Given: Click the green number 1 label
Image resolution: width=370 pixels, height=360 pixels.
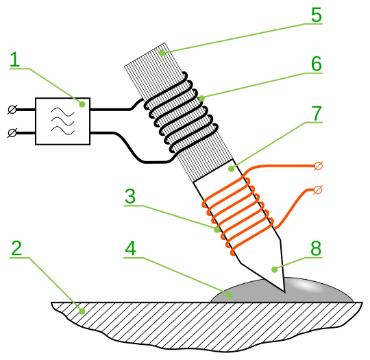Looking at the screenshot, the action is tap(14, 60).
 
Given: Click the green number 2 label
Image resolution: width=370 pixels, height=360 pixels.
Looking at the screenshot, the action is tap(16, 248).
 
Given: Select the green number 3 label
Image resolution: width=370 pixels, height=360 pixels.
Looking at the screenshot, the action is tap(130, 196).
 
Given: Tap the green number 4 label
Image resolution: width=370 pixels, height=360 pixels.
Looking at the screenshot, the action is tap(130, 248).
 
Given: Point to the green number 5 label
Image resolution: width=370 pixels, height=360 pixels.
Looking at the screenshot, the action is tap(317, 14).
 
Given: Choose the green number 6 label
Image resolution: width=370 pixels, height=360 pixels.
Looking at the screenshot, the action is tap(317, 64).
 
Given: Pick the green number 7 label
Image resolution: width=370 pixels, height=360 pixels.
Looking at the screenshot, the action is tap(317, 113).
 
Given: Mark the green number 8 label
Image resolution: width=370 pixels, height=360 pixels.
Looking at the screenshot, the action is tap(316, 248).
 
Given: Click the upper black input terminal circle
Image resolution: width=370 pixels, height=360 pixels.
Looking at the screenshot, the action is tap(12, 110).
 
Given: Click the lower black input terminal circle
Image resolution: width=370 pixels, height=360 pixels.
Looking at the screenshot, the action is tap(12, 133).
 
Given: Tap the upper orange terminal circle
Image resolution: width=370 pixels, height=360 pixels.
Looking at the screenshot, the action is tap(319, 166).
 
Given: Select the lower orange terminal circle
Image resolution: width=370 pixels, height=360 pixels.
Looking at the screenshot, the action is tap(319, 190).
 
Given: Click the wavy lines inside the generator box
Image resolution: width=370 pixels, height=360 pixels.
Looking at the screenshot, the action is tap(63, 121).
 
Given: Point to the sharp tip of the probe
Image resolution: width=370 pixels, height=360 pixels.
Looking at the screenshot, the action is tap(285, 292).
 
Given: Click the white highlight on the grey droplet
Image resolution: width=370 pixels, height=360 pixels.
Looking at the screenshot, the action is tap(308, 286).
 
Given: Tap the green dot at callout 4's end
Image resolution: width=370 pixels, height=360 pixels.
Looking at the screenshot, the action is tap(230, 295).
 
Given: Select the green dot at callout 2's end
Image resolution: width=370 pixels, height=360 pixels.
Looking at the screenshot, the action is tap(82, 311).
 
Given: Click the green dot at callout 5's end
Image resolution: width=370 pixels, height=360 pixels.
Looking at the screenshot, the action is tap(162, 53).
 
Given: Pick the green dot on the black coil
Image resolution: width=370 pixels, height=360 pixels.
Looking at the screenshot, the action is tap(201, 99).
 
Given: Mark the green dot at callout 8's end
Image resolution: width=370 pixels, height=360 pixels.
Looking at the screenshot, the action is tap(275, 269).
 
